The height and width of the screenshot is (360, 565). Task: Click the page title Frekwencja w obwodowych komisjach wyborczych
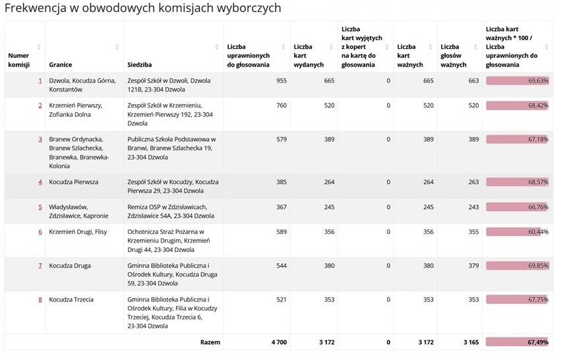[142, 9]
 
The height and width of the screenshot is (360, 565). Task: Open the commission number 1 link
[40, 80]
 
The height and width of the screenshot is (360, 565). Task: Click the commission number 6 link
[40, 232]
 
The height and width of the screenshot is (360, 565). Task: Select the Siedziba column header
[140, 65]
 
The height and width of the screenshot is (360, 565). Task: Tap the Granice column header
[60, 65]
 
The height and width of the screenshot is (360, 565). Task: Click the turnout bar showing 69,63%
[518, 80]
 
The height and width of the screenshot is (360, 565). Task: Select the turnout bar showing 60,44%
[518, 232]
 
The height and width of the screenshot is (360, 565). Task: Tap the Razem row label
[210, 342]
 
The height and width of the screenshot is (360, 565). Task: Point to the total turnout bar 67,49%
[518, 342]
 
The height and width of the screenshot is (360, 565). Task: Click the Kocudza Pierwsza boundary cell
[74, 182]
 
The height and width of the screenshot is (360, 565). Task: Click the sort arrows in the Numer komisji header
[39, 47]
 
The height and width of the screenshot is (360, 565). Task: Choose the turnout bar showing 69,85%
[518, 266]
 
